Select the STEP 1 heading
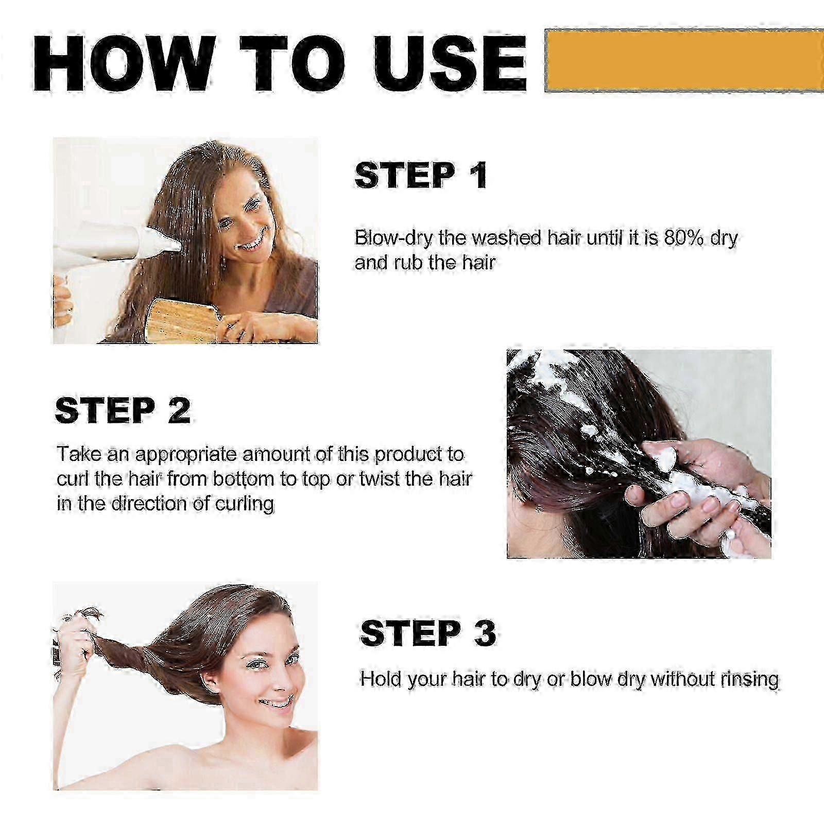(421, 175)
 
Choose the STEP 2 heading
(123, 410)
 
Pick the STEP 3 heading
(428, 633)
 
